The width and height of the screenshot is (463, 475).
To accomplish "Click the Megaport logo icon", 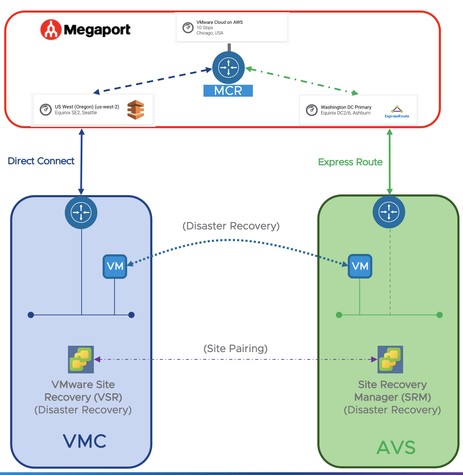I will point(51,29).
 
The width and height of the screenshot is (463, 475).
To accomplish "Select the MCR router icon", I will point(228,67).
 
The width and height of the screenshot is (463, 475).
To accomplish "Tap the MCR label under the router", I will point(228,91).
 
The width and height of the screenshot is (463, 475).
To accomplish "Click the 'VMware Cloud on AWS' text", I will point(220,22).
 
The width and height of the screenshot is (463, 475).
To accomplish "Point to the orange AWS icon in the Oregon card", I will point(136,110).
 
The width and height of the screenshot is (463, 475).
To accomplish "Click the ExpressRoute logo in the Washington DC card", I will point(397,112).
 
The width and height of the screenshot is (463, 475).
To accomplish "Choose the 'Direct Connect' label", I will point(41,161).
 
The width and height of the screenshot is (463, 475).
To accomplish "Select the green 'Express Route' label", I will point(350,162).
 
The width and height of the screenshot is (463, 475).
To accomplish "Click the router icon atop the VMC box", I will point(81,212).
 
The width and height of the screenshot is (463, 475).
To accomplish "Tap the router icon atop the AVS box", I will point(389,212).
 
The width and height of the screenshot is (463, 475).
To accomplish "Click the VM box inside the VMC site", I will point(115,267).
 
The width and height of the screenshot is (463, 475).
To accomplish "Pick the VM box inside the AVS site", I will point(360,266).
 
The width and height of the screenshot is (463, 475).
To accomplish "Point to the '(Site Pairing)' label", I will point(235,349).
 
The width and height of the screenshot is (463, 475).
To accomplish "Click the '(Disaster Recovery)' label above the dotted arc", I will point(231,226).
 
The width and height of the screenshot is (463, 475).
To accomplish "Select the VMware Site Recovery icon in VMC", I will point(81,359).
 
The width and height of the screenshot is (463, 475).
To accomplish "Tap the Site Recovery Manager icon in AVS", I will point(390,359).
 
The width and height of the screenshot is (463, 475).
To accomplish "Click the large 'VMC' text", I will point(85,441).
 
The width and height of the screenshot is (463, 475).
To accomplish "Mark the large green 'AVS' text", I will point(396,447).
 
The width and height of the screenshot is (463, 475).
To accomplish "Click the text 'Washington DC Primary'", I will point(346,107).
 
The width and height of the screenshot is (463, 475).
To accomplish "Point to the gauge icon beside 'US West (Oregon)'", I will point(46,110).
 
